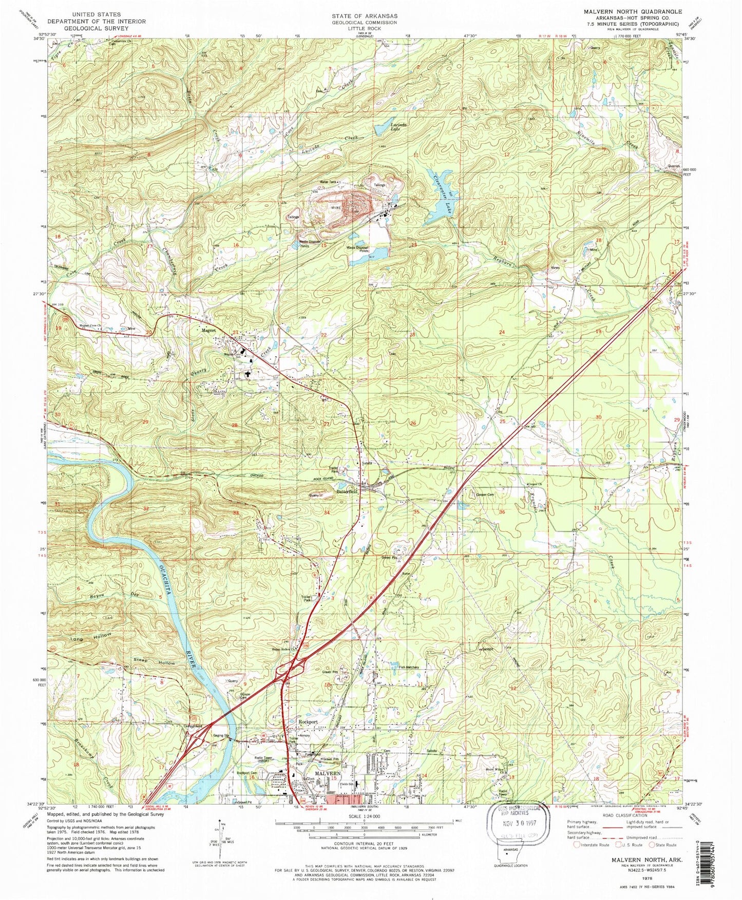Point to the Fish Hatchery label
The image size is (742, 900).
point(407,668)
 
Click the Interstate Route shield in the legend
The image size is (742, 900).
point(577,845)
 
